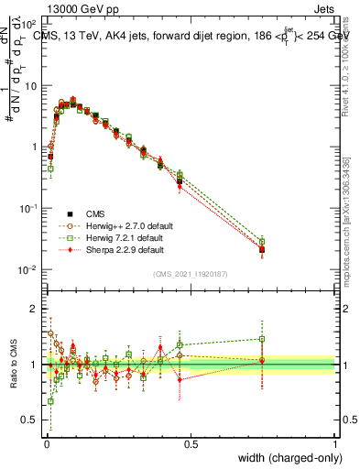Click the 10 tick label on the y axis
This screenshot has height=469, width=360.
pyautogui.click(x=30, y=86)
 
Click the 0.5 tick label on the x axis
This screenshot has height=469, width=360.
pyautogui.click(x=191, y=445)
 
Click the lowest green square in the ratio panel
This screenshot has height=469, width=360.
pyautogui.click(x=50, y=401)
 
